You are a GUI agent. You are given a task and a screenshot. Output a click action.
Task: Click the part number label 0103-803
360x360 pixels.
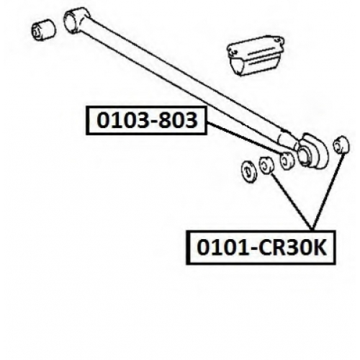coord(146,120)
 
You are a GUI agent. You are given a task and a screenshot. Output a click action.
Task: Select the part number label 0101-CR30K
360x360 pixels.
coord(261,248)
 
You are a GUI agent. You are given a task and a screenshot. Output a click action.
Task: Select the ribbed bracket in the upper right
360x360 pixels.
coord(256,55)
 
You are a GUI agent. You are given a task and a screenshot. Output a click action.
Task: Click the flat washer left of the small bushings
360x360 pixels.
coord(248,171)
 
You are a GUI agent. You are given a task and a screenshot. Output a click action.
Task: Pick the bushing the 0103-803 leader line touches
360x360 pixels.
coord(287,161)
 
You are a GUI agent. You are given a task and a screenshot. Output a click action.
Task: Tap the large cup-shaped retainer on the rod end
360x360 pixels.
coord(312,150)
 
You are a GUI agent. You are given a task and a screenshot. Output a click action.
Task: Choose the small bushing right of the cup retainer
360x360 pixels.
coord(341,145)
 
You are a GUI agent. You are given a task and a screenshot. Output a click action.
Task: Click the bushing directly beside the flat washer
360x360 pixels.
coord(266,166)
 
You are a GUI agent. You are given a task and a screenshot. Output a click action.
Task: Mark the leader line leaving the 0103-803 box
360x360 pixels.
coord(246,138)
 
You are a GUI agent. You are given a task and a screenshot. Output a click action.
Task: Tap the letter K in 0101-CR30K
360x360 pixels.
coord(318,248)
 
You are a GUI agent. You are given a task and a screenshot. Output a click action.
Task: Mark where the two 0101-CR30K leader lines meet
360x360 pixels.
coord(312,229)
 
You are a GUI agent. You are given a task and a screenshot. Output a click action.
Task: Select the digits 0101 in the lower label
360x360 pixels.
coord(222,248)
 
